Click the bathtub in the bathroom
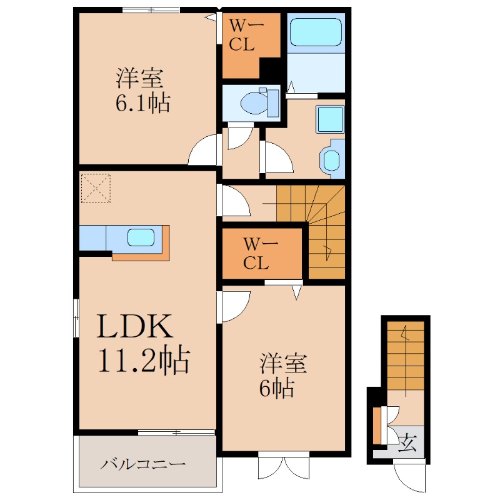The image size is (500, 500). pyautogui.click(x=316, y=32)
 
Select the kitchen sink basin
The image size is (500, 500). pyautogui.click(x=141, y=237)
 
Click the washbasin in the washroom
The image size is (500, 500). pyautogui.click(x=332, y=159)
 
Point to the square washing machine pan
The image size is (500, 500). pyautogui.click(x=331, y=119)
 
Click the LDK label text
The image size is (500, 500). pyautogui.click(x=135, y=326)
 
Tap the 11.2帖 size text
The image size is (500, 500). pyautogui.click(x=144, y=360)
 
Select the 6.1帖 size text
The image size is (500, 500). pyautogui.click(x=142, y=102)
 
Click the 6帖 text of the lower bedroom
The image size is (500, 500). pyautogui.click(x=276, y=388)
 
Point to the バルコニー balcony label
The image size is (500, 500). pyautogui.click(x=143, y=464)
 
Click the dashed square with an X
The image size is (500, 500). pyautogui.click(x=96, y=188)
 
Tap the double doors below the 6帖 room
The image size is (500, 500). pyautogui.click(x=284, y=465)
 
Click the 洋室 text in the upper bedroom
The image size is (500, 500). pyautogui.click(x=139, y=78)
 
